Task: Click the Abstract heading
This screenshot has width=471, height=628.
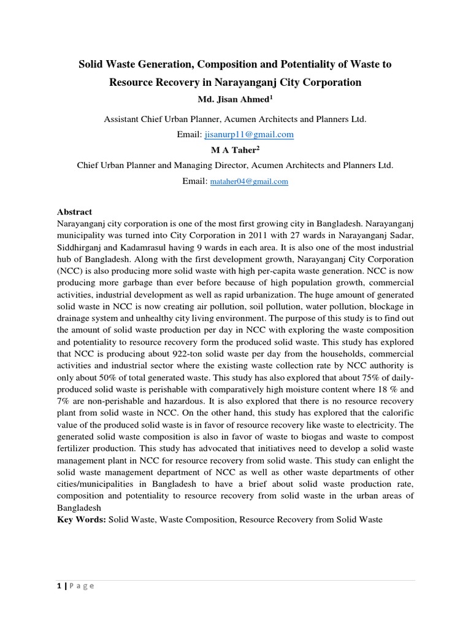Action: click(74, 212)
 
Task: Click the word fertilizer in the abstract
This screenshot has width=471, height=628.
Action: click(76, 449)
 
